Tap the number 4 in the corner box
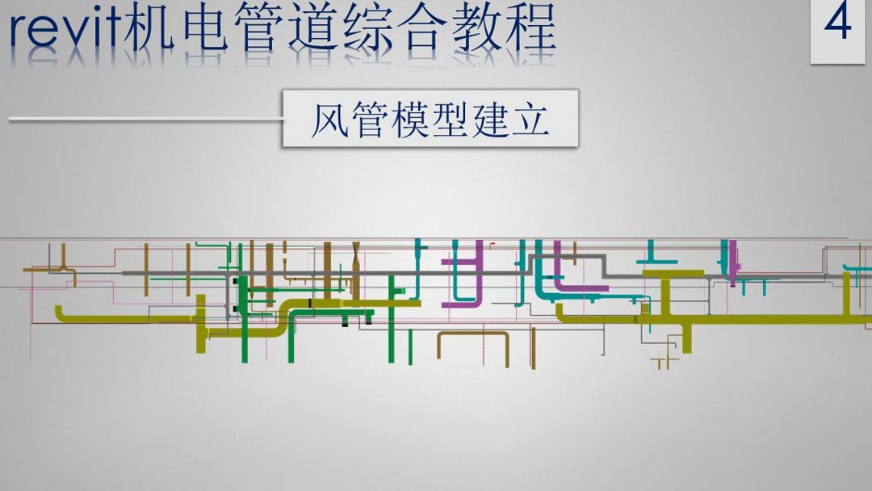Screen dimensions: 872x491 [x=837, y=23]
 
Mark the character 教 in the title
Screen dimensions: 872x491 [x=476, y=27]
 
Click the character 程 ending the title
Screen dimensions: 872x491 [x=530, y=27]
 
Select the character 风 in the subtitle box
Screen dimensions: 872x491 [x=330, y=120]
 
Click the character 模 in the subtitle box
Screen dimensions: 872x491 [x=410, y=120]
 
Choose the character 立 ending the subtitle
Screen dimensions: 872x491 [x=530, y=120]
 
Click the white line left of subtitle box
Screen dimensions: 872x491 [x=146, y=119]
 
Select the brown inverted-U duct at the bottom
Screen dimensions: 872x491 [x=473, y=334]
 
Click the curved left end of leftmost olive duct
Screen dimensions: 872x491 [x=59, y=313]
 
